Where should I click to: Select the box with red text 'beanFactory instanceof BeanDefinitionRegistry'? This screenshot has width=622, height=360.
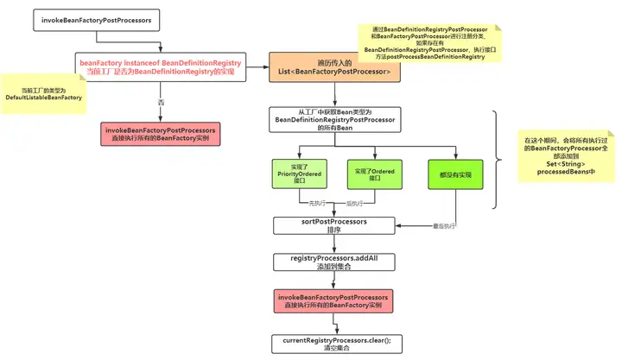[161, 67]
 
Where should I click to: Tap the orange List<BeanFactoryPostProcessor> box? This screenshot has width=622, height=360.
[334, 67]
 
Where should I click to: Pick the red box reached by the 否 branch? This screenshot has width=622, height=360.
[161, 134]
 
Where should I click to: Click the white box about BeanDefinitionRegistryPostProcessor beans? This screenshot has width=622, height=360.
[334, 121]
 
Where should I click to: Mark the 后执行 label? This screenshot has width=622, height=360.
[355, 204]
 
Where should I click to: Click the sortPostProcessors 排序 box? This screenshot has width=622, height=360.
[334, 225]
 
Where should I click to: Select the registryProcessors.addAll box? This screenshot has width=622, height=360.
[334, 263]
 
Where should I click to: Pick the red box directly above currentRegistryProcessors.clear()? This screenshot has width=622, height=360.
[334, 302]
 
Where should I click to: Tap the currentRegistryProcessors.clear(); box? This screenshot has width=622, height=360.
[334, 343]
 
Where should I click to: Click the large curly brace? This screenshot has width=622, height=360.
[498, 160]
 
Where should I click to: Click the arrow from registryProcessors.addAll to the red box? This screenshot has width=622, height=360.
[334, 281]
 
